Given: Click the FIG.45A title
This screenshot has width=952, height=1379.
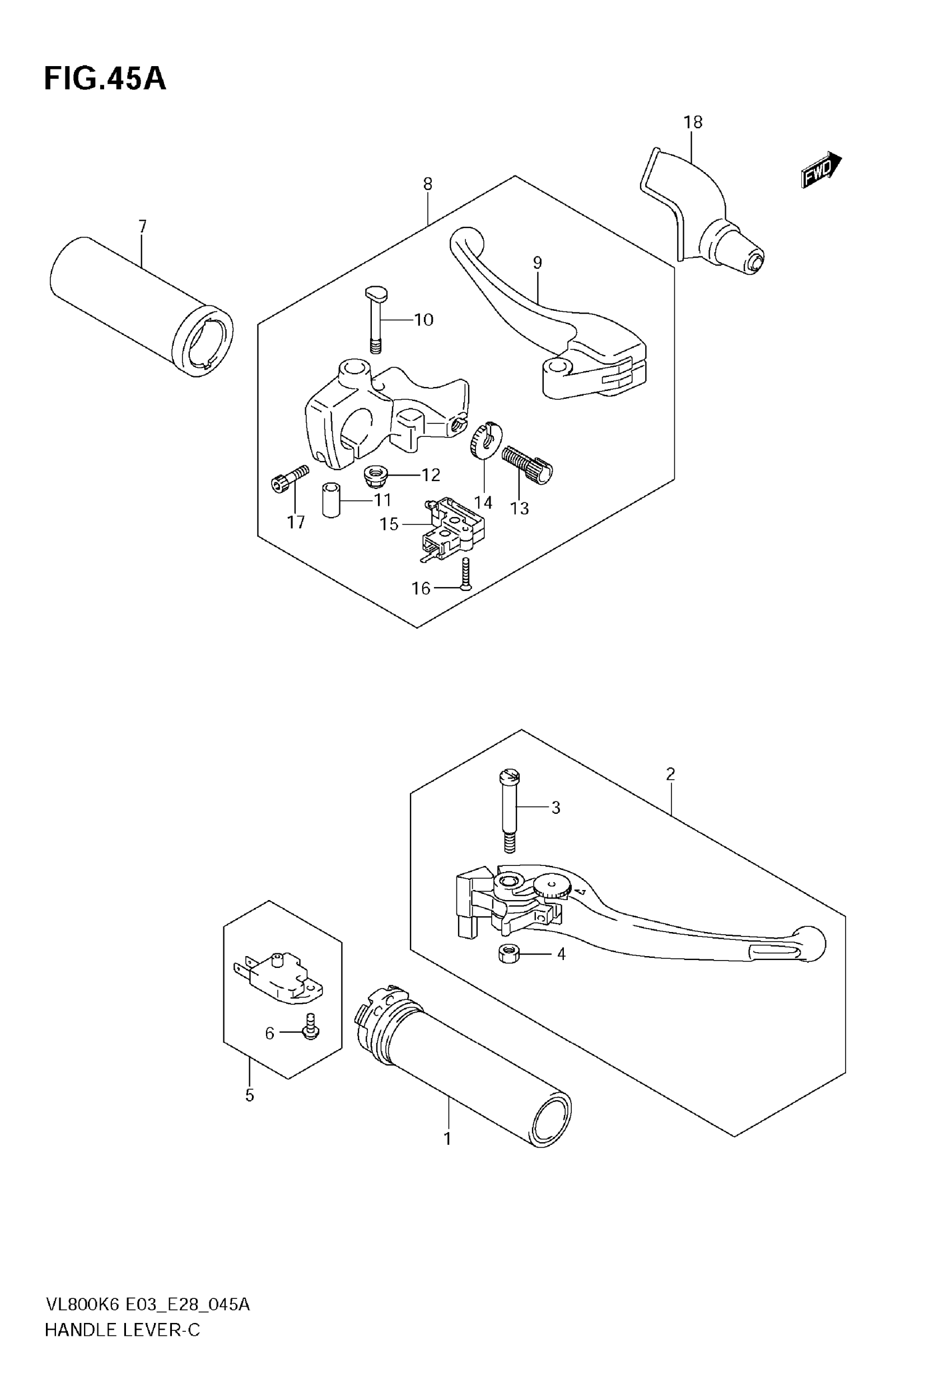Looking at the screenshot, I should (x=105, y=80).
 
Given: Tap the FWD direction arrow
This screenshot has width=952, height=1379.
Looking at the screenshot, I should (x=821, y=170).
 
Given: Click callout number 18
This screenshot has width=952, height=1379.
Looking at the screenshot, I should (x=693, y=122).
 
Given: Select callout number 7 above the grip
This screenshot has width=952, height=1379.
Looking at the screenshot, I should (x=142, y=227).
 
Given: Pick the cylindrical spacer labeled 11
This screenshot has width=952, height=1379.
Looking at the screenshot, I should (x=332, y=500).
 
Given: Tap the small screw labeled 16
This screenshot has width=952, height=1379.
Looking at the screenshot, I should (x=465, y=574).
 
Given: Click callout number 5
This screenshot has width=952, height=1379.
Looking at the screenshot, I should (x=249, y=1096).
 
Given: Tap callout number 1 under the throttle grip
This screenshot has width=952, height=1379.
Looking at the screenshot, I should (x=447, y=1139).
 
